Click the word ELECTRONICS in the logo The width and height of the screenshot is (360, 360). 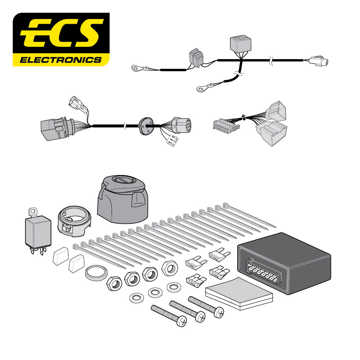[60, 59]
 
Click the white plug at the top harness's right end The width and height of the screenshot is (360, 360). [319, 61]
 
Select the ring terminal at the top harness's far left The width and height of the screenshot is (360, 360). [137, 67]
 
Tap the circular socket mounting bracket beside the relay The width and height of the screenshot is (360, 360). [74, 221]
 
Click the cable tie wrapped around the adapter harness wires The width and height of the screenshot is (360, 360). [243, 117]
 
